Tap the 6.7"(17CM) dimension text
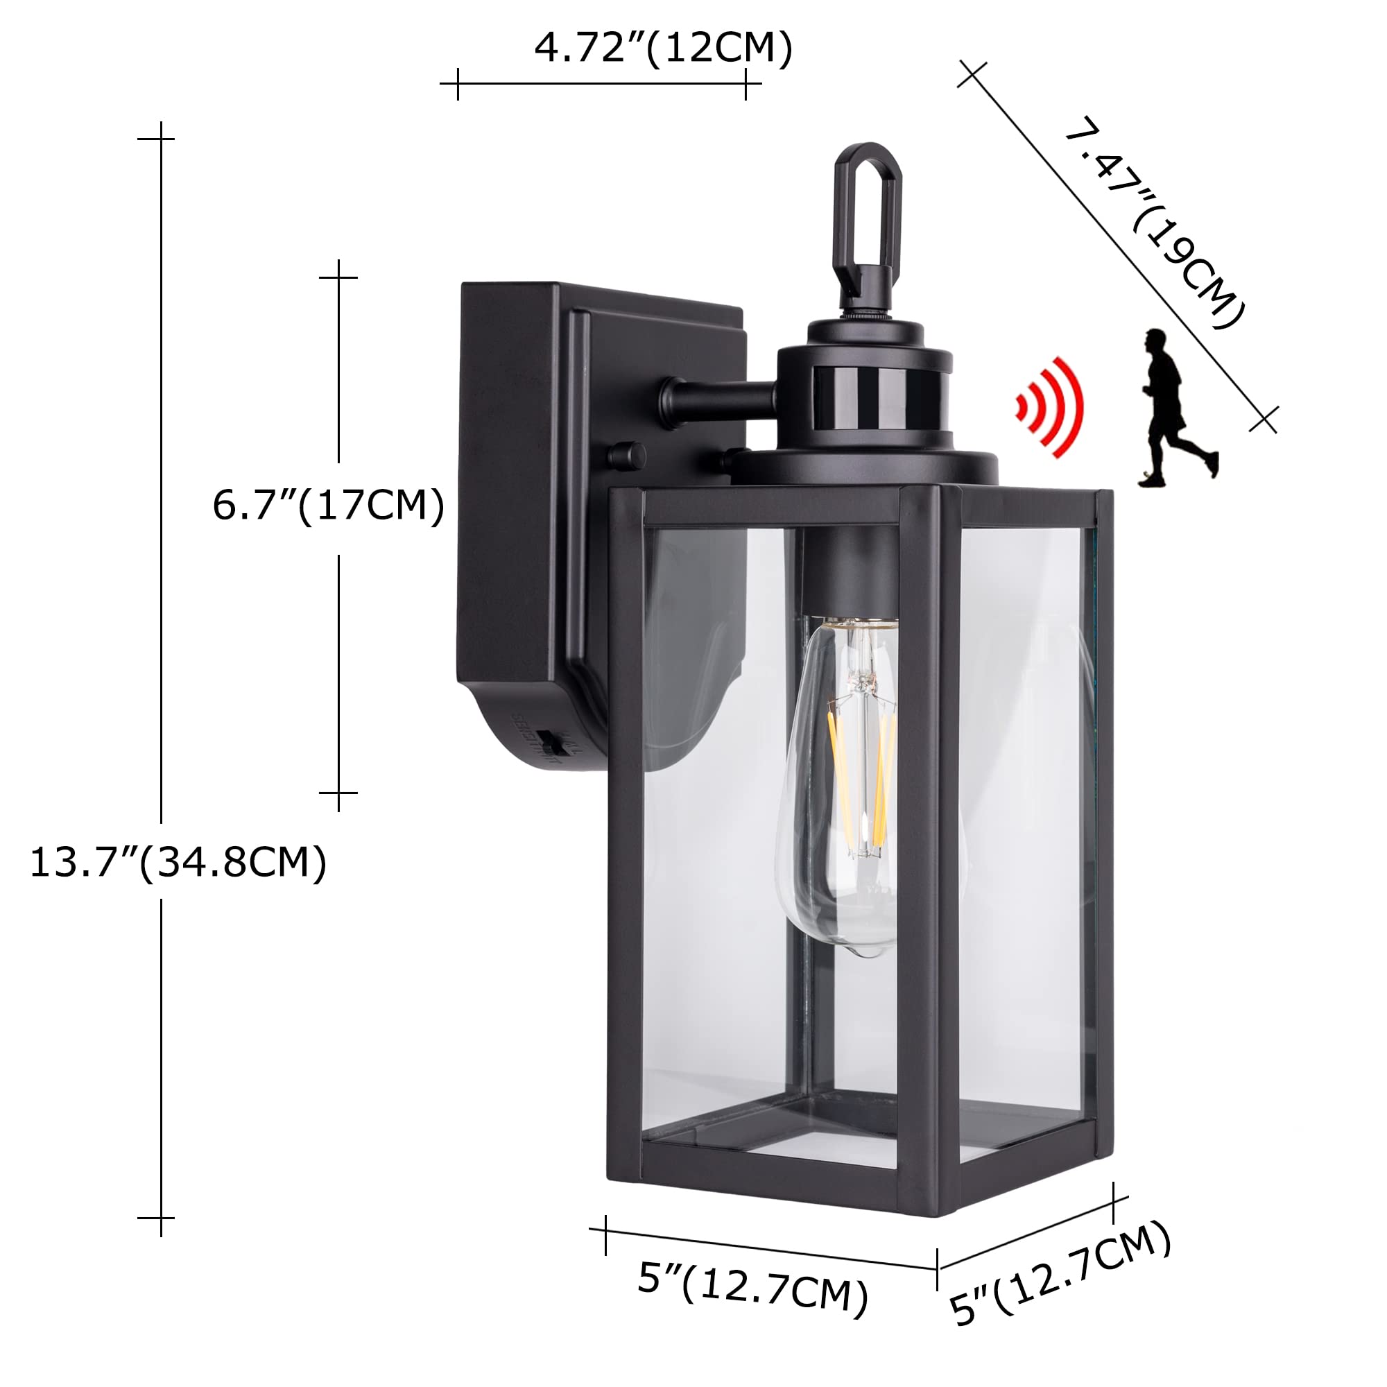click(x=328, y=506)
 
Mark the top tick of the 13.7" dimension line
click(x=161, y=139)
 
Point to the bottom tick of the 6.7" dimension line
click(x=338, y=793)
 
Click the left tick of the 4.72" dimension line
click(x=457, y=84)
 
